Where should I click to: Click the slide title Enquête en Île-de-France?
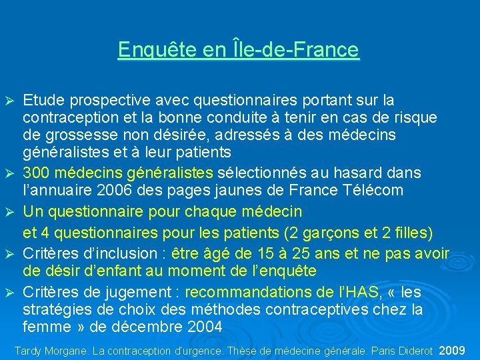pos(238,50)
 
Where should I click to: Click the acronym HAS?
pos(361,292)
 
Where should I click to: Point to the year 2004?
pos(203,327)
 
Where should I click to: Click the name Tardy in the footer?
pos(29,350)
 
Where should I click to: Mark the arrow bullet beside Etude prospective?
pos(10,101)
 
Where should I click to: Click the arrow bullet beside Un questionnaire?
pos(10,212)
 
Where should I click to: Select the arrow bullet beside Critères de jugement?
pos(10,292)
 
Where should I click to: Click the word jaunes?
pos(214,190)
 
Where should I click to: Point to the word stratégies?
pos(51,309)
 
